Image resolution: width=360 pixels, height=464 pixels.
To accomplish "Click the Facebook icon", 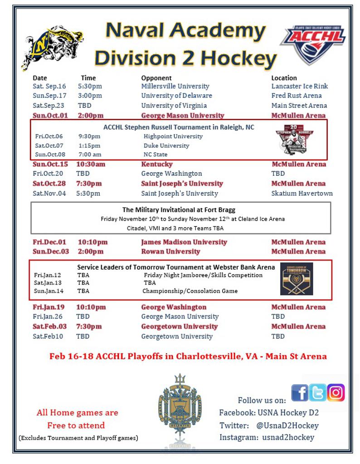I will pyautogui.click(x=299, y=392).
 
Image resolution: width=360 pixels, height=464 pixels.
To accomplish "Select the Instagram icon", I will pyautogui.click(x=336, y=392).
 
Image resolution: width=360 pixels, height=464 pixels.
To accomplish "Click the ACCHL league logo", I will pyautogui.click(x=312, y=44).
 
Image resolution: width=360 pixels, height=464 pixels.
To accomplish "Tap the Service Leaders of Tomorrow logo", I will pyautogui.click(x=297, y=279).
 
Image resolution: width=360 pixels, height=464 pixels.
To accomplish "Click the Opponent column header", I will pyautogui.click(x=156, y=78).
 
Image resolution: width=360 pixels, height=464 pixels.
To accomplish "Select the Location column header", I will pyautogui.click(x=284, y=78).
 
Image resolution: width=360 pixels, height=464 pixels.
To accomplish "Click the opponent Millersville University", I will pyautogui.click(x=175, y=86).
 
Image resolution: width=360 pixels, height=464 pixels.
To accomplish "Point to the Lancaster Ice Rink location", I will pyautogui.click(x=299, y=86).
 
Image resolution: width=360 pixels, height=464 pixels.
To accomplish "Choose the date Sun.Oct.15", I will pyautogui.click(x=50, y=164).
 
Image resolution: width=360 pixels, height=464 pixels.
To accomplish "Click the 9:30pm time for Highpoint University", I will pyautogui.click(x=90, y=136).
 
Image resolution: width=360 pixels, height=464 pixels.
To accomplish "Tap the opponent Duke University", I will pyautogui.click(x=166, y=145).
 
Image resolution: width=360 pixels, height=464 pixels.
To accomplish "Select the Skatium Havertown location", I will pyautogui.click(x=302, y=193).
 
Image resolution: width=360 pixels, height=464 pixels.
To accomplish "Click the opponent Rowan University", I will pyautogui.click(x=170, y=251).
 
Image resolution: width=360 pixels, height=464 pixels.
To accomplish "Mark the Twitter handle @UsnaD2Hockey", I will pyautogui.click(x=287, y=425).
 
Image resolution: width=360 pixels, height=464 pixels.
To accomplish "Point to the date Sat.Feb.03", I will pyautogui.click(x=49, y=326).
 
